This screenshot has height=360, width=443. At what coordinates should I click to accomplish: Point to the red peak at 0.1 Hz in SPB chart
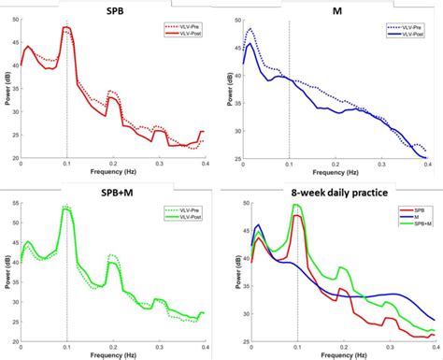point(66,28)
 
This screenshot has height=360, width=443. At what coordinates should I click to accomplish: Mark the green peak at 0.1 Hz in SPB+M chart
point(66,208)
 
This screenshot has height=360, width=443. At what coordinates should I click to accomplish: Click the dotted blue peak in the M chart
point(250,29)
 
